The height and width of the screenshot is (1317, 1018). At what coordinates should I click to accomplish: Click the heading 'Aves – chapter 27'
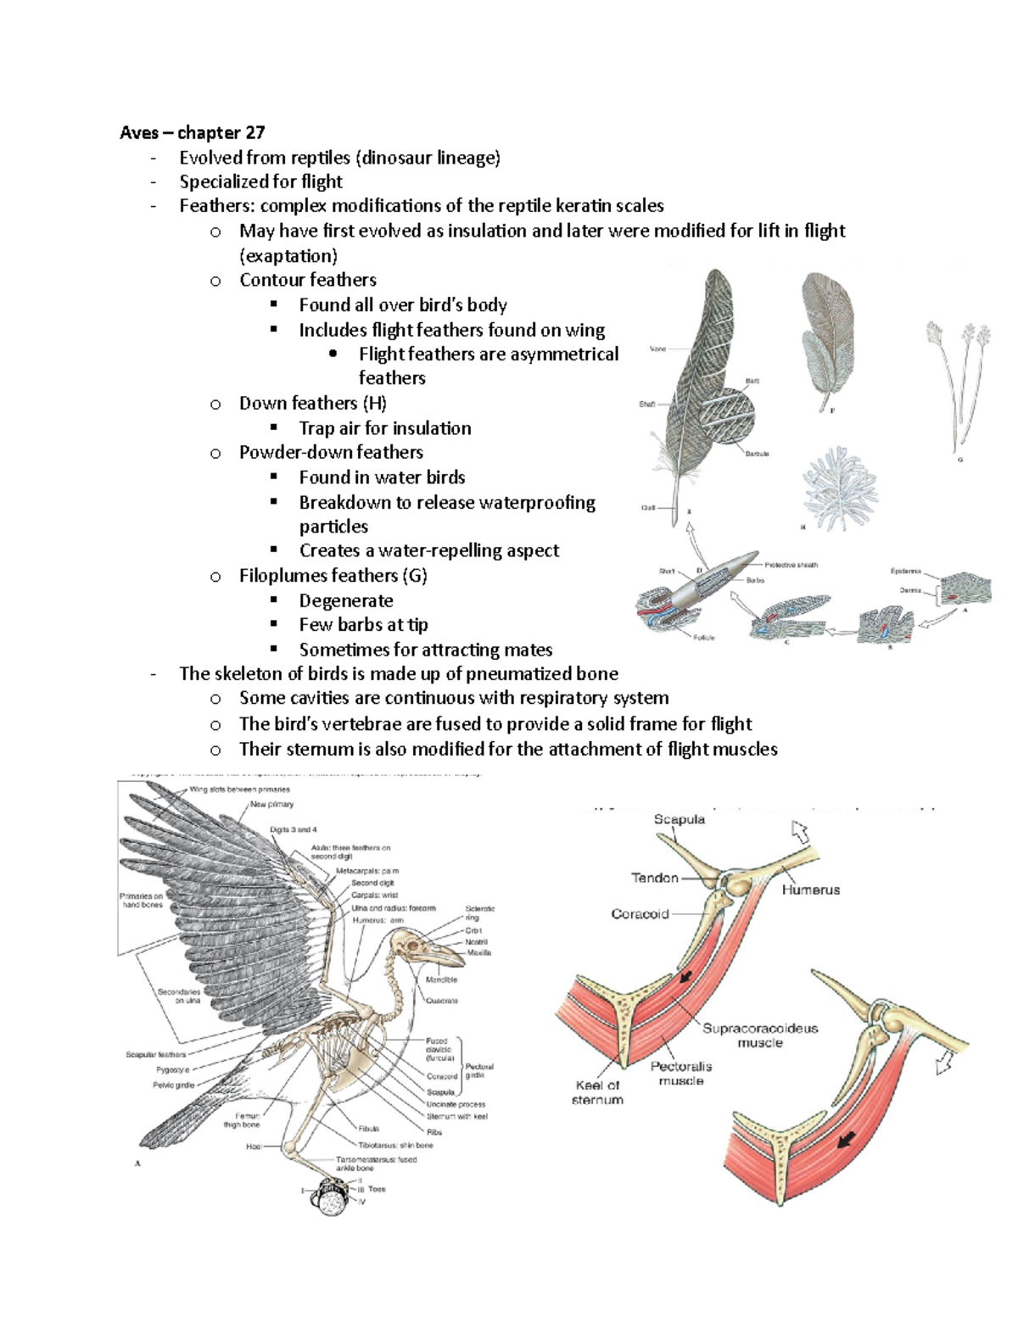coord(192,132)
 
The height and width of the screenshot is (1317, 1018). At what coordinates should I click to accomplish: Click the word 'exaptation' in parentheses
coord(288,255)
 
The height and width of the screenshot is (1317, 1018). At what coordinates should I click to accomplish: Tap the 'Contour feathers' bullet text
coord(307,280)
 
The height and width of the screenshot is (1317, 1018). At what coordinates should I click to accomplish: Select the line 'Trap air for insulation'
coord(384,428)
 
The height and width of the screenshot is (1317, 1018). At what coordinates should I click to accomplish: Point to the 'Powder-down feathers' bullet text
coord(331,452)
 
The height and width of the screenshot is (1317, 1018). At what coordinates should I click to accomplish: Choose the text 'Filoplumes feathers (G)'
coord(333,576)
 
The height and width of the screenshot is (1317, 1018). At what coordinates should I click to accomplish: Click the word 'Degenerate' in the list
coord(346,600)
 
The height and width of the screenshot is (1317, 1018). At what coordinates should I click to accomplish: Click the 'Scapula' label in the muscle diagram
coord(679,819)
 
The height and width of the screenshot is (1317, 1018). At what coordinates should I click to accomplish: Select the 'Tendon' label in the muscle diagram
coord(654,878)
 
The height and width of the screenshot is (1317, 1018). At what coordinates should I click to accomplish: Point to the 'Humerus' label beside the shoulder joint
coord(810,890)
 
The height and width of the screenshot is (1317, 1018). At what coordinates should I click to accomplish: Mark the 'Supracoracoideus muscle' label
coord(759,1035)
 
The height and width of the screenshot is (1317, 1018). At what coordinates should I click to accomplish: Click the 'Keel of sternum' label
coord(598,1092)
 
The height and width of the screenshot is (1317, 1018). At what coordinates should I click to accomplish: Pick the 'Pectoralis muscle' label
coord(681,1074)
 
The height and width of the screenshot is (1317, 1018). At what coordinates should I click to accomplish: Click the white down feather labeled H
coord(841,488)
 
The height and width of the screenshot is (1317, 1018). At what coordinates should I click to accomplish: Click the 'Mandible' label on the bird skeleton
coord(441,979)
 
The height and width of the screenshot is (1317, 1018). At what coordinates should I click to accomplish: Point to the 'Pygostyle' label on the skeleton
coord(172,1069)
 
